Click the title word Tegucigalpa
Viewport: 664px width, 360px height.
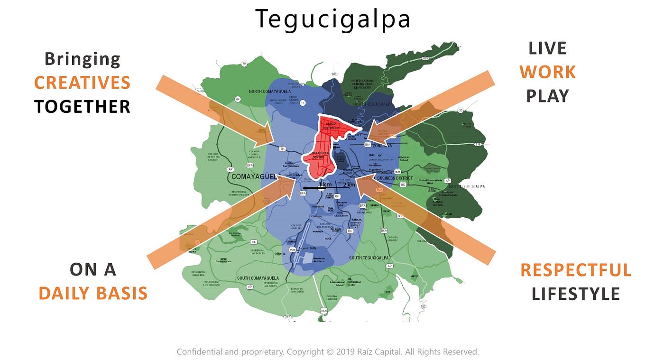(332, 19)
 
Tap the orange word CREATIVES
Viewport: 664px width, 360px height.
(82, 83)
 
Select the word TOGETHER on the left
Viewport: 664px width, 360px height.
(82, 107)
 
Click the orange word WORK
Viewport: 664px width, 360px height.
(547, 72)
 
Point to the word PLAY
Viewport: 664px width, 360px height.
(547, 96)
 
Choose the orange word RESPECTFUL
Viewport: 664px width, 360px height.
(576, 270)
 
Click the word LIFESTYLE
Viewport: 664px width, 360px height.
(576, 294)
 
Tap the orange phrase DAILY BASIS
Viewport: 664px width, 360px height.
(93, 294)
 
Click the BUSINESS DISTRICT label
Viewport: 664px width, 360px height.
(398, 178)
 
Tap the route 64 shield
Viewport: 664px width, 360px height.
(238, 99)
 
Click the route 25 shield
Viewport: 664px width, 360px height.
(461, 111)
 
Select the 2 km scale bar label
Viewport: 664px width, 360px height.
(349, 185)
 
